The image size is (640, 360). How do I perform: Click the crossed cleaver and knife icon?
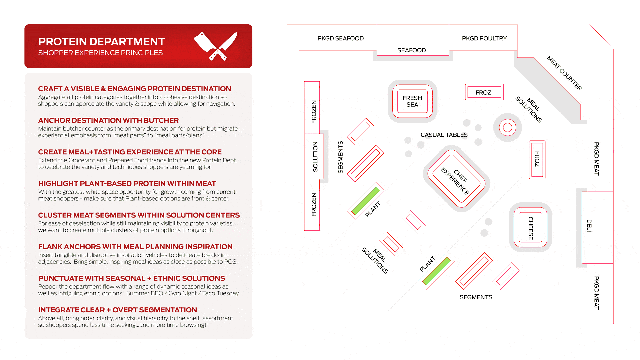(x=216, y=46)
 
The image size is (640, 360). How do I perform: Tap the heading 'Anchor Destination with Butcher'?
(x=108, y=120)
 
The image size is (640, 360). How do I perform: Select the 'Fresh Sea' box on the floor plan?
(x=412, y=101)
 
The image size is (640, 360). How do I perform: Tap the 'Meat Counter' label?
(x=564, y=73)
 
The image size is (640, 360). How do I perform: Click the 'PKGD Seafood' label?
(x=340, y=38)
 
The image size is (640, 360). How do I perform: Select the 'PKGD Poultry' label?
(x=484, y=38)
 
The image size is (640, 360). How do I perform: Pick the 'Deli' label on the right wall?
(x=589, y=226)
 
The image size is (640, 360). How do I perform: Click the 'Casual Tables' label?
(x=444, y=135)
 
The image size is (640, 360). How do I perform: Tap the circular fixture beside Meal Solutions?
(x=507, y=127)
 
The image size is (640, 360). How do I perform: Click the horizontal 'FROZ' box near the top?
(x=484, y=92)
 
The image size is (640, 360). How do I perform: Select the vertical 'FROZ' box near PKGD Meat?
(x=537, y=159)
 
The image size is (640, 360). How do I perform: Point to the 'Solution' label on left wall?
(x=315, y=157)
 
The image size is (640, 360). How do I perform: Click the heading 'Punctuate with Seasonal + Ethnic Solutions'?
(x=131, y=278)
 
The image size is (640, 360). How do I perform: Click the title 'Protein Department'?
(x=102, y=42)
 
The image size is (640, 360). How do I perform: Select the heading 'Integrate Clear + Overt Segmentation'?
(x=117, y=310)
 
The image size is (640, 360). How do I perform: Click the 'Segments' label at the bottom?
(x=476, y=297)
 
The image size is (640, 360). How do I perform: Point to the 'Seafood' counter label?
(x=411, y=50)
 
